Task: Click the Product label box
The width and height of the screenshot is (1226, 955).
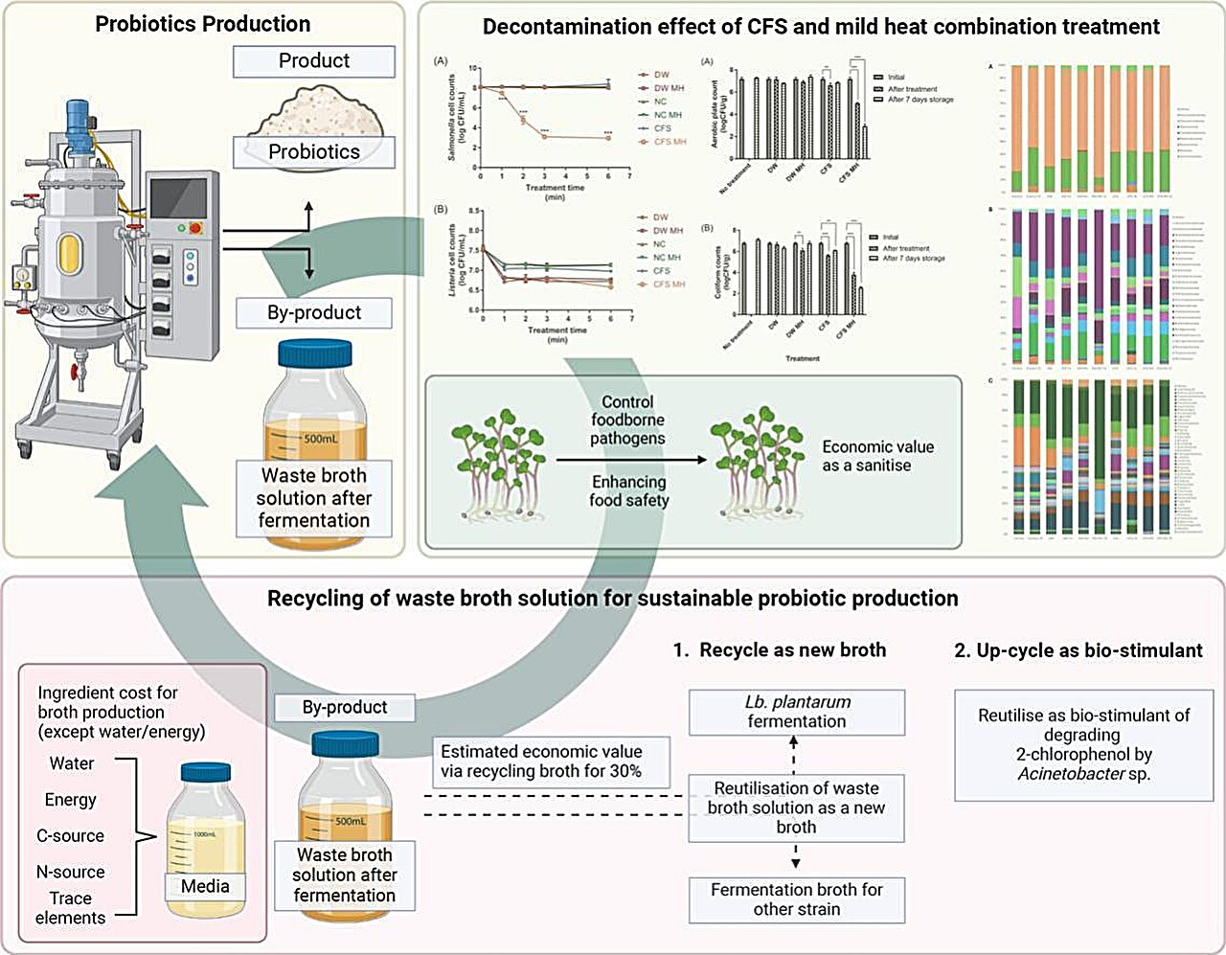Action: pos(314,61)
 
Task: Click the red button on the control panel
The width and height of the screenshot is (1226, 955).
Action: pos(196,228)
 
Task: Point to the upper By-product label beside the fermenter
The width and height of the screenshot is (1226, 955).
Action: pos(314,312)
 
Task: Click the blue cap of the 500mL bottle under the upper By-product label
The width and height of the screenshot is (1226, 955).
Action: pos(314,352)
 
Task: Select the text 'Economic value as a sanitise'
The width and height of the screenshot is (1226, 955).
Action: pos(877,456)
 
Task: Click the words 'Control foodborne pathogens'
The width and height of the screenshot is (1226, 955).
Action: pos(627,420)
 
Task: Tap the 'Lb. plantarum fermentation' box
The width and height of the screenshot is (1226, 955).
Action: pos(797,712)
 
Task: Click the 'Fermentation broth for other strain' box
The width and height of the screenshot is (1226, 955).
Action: pos(797,898)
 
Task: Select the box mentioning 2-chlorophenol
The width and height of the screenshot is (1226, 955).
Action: pos(1083,744)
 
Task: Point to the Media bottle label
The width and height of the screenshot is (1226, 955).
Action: pos(205,886)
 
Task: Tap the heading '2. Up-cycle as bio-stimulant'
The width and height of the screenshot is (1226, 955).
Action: pos(1078,650)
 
